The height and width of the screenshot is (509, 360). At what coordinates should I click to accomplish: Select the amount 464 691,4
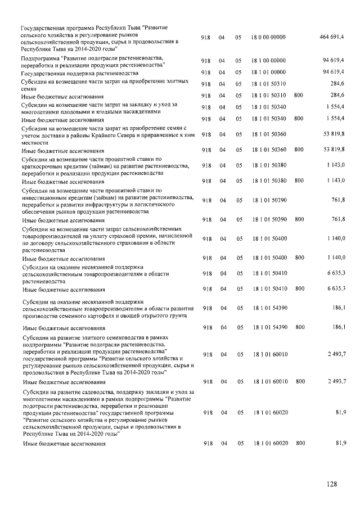point(332,37)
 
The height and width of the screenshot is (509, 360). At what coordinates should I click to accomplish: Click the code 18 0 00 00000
point(269,37)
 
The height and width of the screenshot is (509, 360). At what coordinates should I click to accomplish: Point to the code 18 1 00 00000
point(269,60)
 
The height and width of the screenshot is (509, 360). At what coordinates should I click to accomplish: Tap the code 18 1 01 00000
point(269,73)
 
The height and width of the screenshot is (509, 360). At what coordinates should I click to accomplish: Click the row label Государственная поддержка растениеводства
point(79,74)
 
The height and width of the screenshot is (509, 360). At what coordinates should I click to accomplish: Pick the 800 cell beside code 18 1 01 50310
point(299,95)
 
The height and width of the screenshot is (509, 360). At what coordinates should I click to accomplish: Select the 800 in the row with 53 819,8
point(299,150)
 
